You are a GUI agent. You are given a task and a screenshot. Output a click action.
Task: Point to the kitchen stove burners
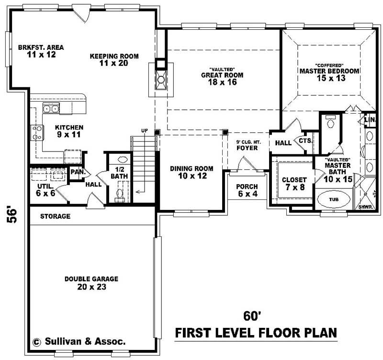[x=36, y=132]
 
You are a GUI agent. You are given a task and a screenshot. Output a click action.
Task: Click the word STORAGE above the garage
[x=55, y=217]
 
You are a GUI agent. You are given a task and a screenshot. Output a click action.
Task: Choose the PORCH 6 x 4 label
[x=247, y=190]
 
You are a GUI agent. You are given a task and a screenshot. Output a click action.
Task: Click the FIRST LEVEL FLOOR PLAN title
[x=256, y=332]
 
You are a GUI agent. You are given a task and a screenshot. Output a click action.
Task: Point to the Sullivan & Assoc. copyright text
[x=79, y=342]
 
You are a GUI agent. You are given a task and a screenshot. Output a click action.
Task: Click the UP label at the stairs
[x=144, y=130]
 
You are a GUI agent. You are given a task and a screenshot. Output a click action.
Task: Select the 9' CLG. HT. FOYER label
[x=247, y=145]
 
